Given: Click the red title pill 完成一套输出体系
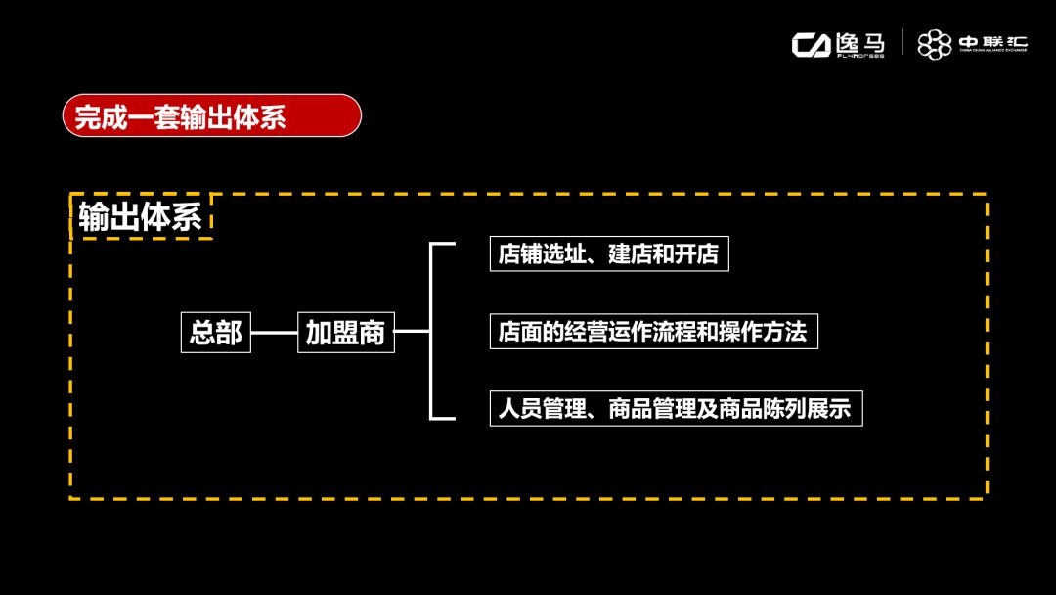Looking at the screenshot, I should [x=211, y=115].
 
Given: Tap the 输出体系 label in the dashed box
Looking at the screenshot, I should [x=141, y=217].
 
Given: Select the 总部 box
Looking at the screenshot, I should [x=216, y=333].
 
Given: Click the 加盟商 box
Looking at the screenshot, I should [x=345, y=333].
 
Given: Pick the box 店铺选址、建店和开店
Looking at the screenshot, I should [x=608, y=254].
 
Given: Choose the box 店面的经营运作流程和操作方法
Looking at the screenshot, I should [x=652, y=332].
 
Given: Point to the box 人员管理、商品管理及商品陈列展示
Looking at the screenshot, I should [x=675, y=408].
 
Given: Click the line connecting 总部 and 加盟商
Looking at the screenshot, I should [x=274, y=333].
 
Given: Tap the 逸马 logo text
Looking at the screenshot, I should [x=860, y=43].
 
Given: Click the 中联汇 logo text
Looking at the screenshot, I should [x=992, y=43].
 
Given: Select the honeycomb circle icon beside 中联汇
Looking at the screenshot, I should [x=934, y=44].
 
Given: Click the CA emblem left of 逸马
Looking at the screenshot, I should [x=811, y=45].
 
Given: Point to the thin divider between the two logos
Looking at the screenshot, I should [x=902, y=44].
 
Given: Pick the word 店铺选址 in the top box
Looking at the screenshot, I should [x=541, y=254].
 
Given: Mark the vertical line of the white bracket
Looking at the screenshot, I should [x=431, y=332].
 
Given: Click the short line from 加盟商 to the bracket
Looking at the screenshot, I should [x=413, y=332].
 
